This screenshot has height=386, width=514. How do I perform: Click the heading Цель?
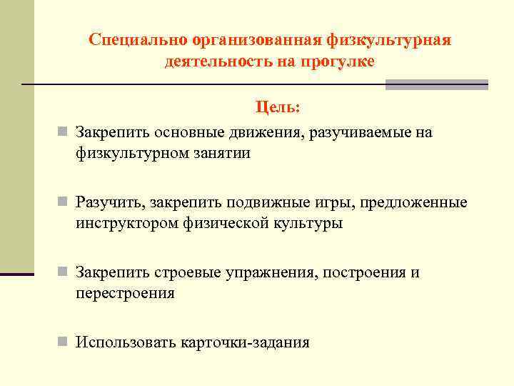tap(278, 108)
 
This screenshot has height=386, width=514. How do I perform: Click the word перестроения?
tap(126, 293)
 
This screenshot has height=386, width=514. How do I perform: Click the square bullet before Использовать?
tap(64, 342)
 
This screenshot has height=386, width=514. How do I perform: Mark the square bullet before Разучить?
tap(64, 203)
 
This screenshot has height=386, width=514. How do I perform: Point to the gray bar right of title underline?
tap(436, 84)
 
